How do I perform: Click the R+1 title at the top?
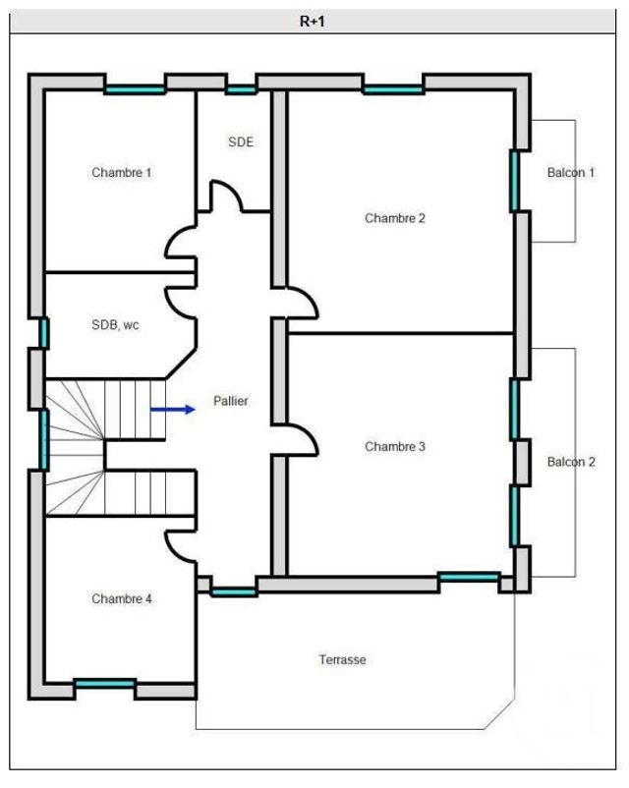pyautogui.click(x=312, y=21)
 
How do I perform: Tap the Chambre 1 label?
pyautogui.click(x=122, y=172)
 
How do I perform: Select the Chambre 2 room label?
pyautogui.click(x=394, y=218)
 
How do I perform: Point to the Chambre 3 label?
pyautogui.click(x=394, y=447)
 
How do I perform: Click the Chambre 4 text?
pyautogui.click(x=122, y=598)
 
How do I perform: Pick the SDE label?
pyautogui.click(x=241, y=141)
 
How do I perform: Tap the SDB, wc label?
pyautogui.click(x=115, y=325)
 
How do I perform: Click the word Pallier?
pyautogui.click(x=231, y=401)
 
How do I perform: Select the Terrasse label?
pyautogui.click(x=342, y=659)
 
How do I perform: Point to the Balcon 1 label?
pyautogui.click(x=571, y=173)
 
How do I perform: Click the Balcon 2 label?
pyautogui.click(x=571, y=462)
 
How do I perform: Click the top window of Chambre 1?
pyautogui.click(x=135, y=89)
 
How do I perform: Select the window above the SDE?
pyautogui.click(x=241, y=89)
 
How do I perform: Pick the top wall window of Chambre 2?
pyautogui.click(x=393, y=89)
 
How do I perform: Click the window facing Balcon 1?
pyautogui.click(x=514, y=181)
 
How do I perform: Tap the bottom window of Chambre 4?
pyautogui.click(x=105, y=683)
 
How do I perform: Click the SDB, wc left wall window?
pyautogui.click(x=43, y=333)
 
